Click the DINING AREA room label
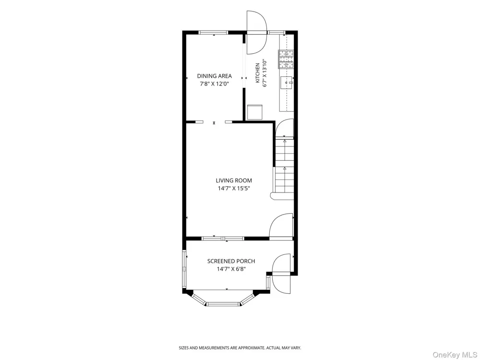point(214,76)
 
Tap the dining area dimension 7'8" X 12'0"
point(214,84)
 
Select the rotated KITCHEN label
point(257,73)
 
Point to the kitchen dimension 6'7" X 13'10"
point(265,73)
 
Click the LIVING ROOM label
point(234,180)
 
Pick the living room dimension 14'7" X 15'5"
point(234,188)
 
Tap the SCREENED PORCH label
point(231,261)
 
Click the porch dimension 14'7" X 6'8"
point(231,269)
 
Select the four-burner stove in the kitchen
point(286,59)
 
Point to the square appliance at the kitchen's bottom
point(255,112)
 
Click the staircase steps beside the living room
point(284,169)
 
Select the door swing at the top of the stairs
point(284,128)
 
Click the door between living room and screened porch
point(281,226)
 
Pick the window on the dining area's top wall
point(214,33)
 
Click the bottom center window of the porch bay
point(223,304)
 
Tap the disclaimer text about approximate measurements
point(240,348)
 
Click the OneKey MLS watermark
point(456,355)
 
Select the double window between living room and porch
point(223,239)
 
